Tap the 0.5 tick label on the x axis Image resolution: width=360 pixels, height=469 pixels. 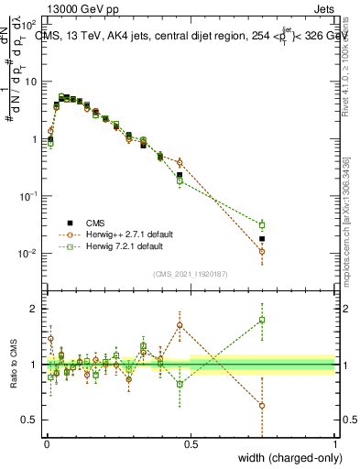point(190,442)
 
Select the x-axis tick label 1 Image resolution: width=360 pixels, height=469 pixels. point(335,442)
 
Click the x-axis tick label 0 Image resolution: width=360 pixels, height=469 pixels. point(46,442)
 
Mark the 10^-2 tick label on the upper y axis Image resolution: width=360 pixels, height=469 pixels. point(27,254)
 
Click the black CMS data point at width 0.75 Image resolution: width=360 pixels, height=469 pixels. point(262,239)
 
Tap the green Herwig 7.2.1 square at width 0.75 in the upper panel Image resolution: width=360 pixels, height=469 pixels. point(262,224)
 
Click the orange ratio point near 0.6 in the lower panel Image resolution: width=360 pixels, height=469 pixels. point(262,405)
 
